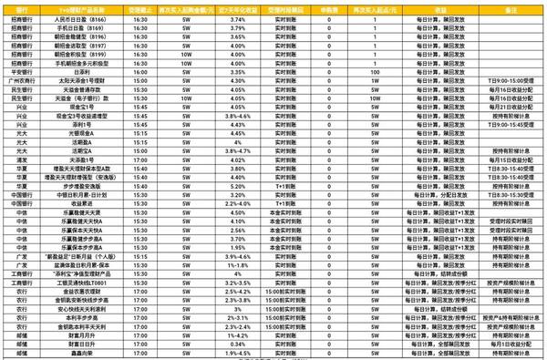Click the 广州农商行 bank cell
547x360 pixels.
pyautogui.click(x=21, y=78)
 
